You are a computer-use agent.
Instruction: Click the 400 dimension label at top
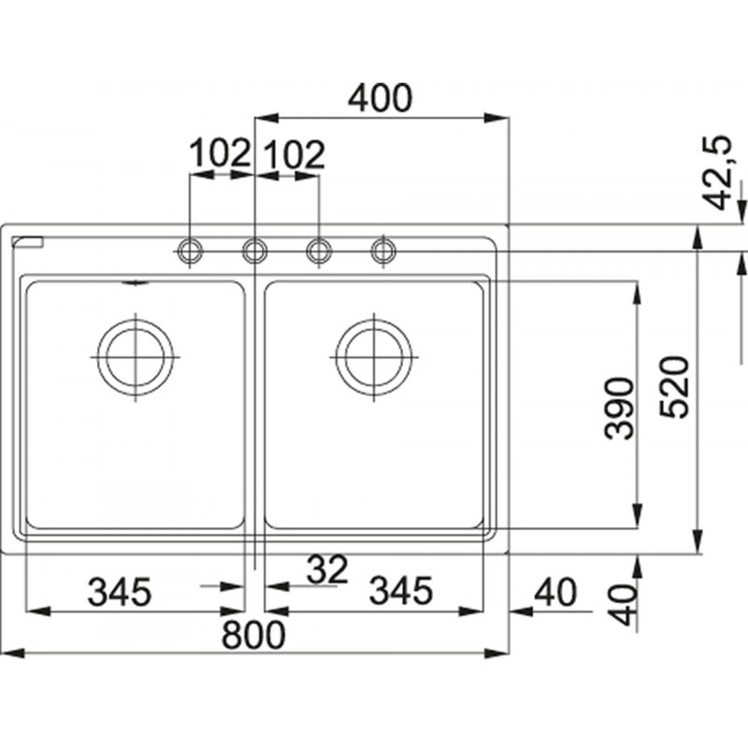pos(380,98)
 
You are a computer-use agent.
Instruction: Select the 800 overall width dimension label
pos(253,635)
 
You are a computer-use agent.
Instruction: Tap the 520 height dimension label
pos(674,387)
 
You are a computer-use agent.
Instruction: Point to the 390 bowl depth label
pos(619,409)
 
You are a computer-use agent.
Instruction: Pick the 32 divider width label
pos(327,569)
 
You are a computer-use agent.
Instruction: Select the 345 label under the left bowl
pos(120,592)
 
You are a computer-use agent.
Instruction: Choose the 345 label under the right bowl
pos(401,591)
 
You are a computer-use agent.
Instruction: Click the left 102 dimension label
pos(220,152)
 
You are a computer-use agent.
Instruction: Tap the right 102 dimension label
pos(294,154)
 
